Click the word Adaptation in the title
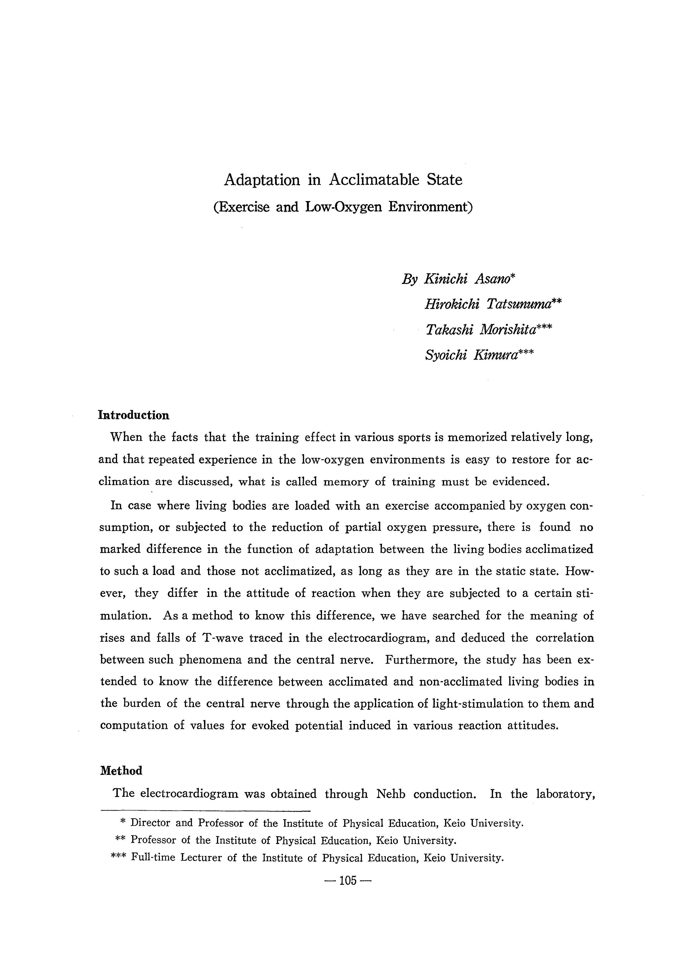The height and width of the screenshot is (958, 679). point(262,180)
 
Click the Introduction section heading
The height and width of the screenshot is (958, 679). point(134,415)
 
